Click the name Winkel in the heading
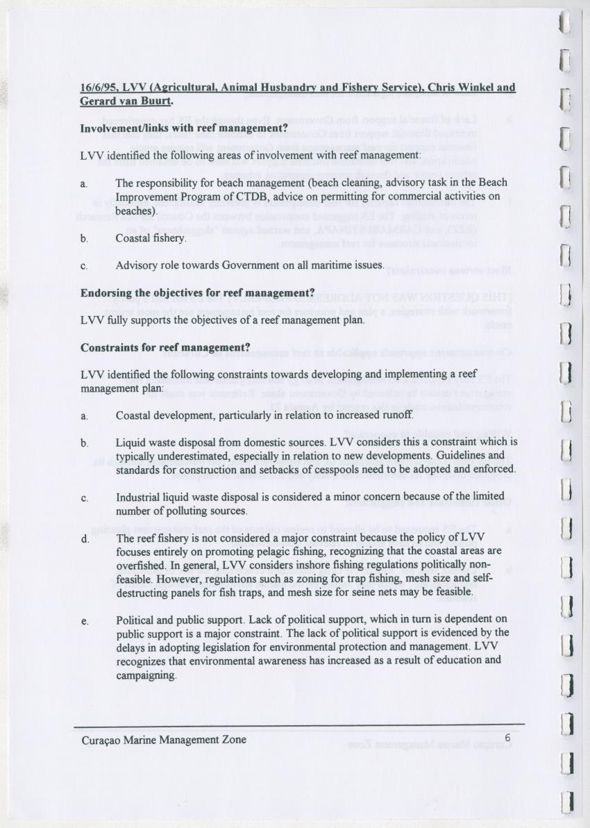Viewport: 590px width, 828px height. click(479, 88)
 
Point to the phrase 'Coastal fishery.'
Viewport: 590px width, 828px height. click(151, 238)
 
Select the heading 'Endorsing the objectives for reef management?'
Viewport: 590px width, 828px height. click(198, 292)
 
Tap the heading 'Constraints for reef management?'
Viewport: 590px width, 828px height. click(165, 347)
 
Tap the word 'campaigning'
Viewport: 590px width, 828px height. click(146, 674)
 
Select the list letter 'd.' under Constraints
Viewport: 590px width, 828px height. click(85, 538)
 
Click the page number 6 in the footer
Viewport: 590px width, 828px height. click(507, 738)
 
